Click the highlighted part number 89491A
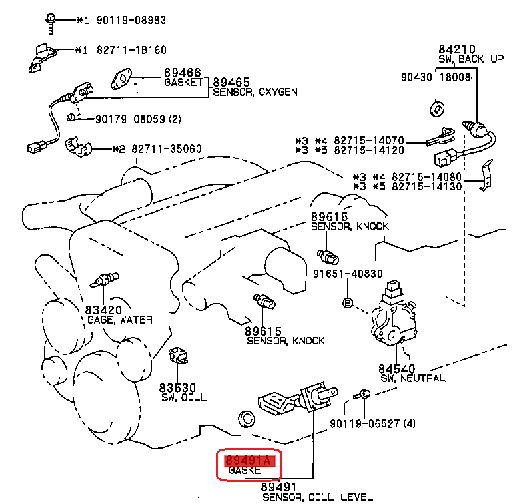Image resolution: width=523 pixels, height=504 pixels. pyautogui.click(x=247, y=460)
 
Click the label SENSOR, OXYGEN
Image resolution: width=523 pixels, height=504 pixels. pyautogui.click(x=255, y=92)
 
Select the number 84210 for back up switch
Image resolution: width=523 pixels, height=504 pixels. pyautogui.click(x=456, y=49)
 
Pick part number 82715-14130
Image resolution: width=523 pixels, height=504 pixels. pyautogui.click(x=424, y=187)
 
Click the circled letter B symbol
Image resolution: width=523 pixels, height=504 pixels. pyautogui.click(x=347, y=303)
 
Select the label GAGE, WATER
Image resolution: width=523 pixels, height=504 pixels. pyautogui.click(x=120, y=320)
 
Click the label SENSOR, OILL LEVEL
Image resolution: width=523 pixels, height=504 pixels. pyautogui.click(x=316, y=497)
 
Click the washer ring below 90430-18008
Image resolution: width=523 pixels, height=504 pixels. pyautogui.click(x=437, y=109)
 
